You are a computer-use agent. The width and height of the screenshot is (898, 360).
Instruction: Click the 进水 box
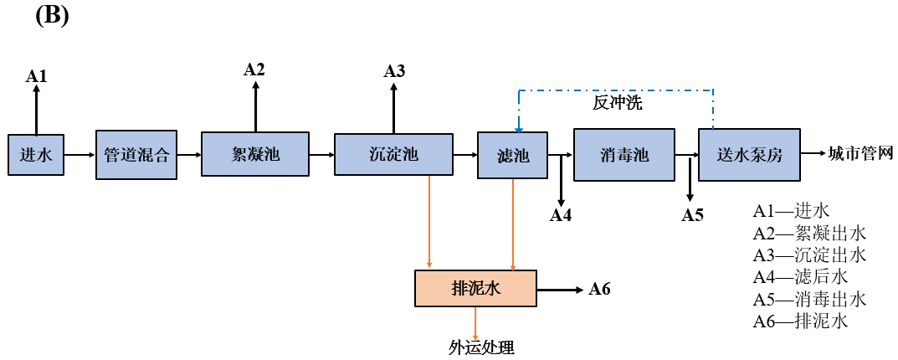point(36,154)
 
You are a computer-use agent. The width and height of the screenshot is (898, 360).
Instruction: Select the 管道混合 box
point(136,154)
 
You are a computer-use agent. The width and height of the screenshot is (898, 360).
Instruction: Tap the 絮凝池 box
point(255,154)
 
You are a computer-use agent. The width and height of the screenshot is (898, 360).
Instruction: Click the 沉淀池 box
point(393,154)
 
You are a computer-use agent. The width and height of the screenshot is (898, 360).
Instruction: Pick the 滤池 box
point(512,155)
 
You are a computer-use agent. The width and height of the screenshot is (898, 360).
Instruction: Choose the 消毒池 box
point(624,154)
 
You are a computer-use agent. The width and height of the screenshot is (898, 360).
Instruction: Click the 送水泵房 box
point(750,154)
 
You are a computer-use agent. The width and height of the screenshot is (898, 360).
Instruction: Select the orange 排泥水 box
point(475,288)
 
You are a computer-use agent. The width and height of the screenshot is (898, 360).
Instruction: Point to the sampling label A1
point(36,76)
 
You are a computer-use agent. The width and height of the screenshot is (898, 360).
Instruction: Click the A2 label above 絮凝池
point(254,69)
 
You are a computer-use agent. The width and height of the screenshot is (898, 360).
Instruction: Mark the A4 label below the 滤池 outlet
point(560,215)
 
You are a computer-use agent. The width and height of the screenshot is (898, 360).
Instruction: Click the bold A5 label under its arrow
point(692,215)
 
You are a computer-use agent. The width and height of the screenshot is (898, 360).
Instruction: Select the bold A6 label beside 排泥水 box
point(599,290)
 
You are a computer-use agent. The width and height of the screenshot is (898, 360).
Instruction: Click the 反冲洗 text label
point(617,104)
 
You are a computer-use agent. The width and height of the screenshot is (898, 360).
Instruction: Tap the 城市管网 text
point(860,154)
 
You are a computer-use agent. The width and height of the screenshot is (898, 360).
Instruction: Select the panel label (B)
point(52,17)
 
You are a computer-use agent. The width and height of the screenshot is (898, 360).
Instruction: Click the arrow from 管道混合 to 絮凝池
point(189,155)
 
